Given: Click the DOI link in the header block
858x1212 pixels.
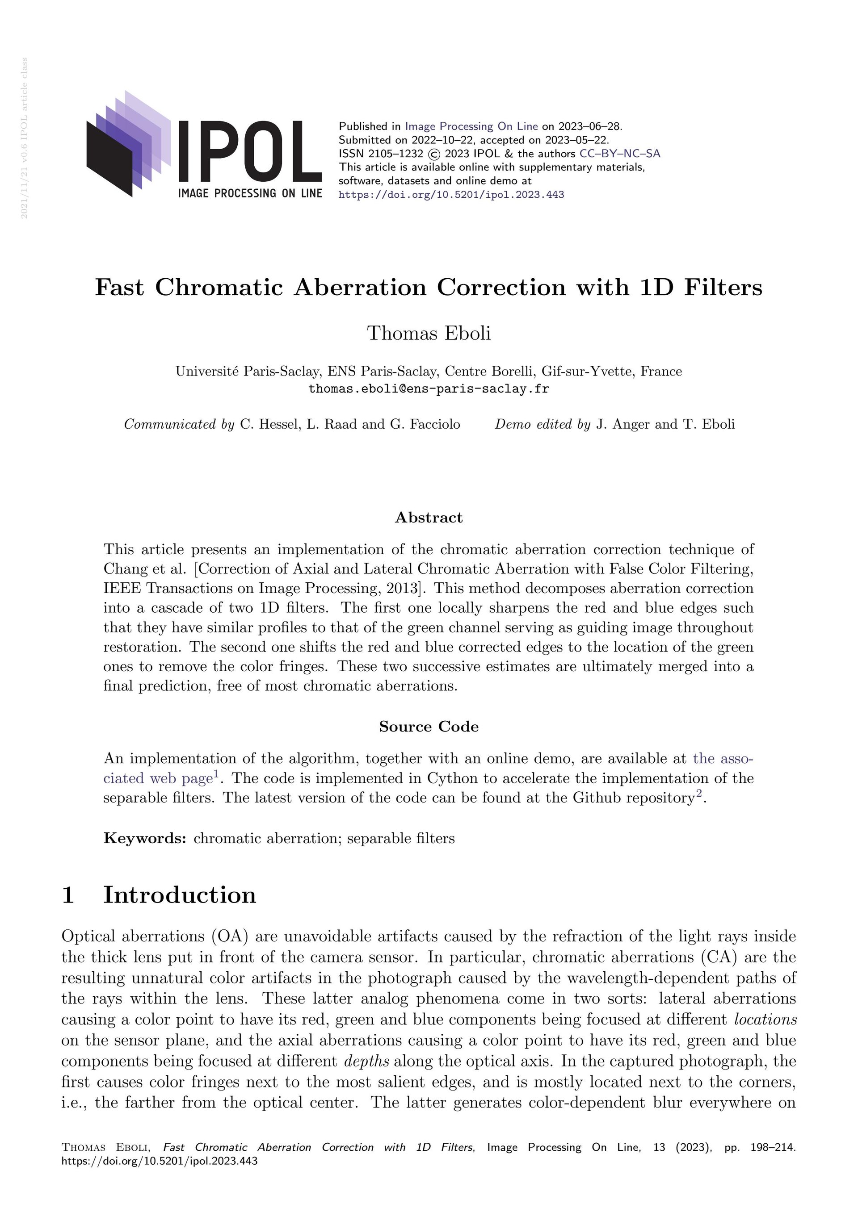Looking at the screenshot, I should click(451, 195).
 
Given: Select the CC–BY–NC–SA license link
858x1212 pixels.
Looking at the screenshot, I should click(620, 154).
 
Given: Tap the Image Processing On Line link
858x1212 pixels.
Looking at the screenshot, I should click(471, 126).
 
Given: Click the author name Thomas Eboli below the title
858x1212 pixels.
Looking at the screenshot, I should click(429, 333).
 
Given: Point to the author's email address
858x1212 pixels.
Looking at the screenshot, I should click(429, 389).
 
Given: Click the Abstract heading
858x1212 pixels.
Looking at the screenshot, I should click(429, 517).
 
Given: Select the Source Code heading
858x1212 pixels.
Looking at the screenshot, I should click(429, 727).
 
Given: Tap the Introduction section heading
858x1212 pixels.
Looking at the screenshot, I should click(180, 895).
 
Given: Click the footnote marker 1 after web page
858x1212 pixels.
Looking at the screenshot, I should click(216, 774).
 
